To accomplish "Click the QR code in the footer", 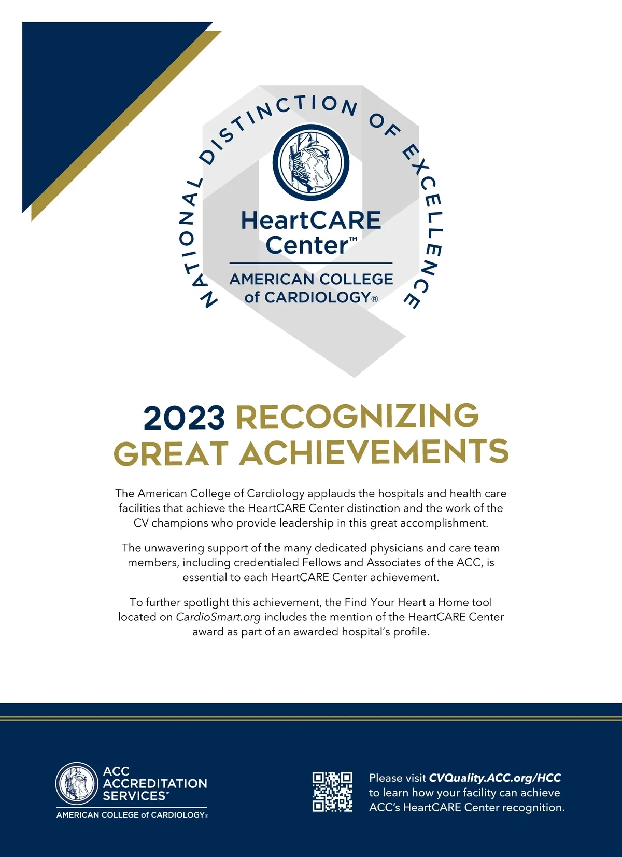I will [x=332, y=792].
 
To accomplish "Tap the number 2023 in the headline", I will [x=184, y=418].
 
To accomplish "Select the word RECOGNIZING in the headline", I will [x=358, y=417].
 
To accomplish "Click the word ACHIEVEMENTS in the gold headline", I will [x=374, y=452].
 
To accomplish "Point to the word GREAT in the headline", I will [x=171, y=453].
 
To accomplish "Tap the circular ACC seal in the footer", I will [x=77, y=783].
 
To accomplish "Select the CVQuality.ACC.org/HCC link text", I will [x=494, y=778].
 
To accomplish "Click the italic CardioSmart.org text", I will [x=218, y=617].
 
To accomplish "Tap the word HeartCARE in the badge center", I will [x=311, y=220].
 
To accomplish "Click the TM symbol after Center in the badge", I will [x=353, y=239].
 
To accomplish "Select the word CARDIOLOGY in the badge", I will [x=317, y=297].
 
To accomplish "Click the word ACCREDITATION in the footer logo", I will [x=155, y=783].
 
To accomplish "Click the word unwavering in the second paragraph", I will [x=174, y=548].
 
